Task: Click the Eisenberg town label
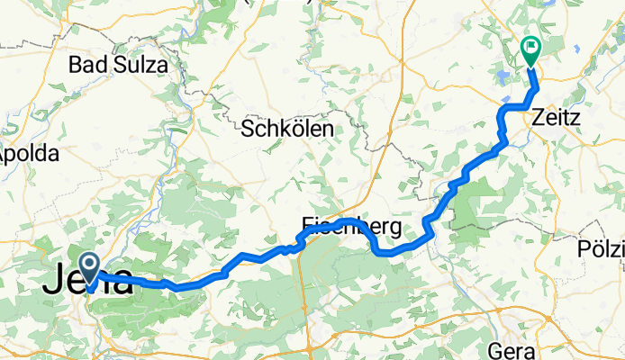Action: click(x=351, y=226)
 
